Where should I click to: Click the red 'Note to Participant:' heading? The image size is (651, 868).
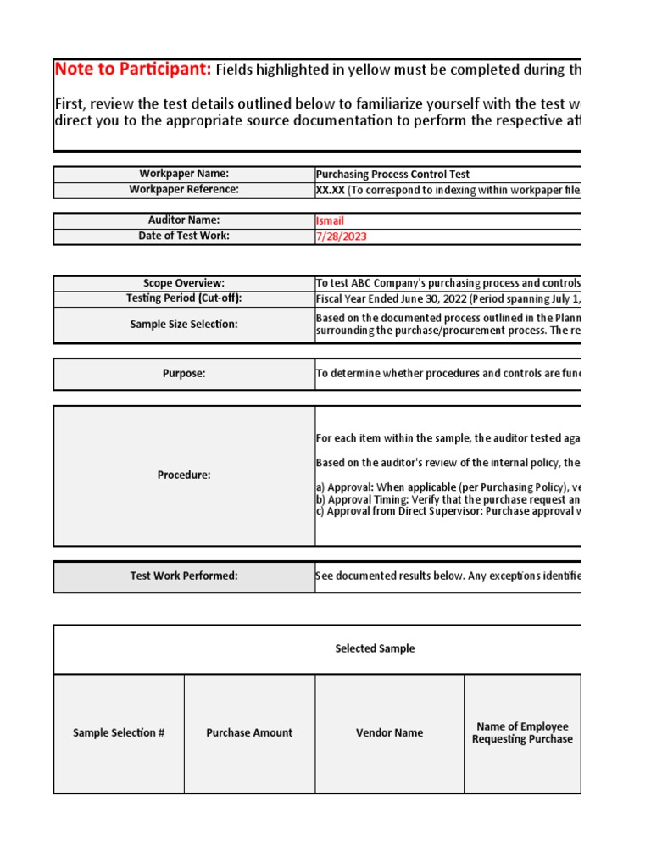[x=133, y=70]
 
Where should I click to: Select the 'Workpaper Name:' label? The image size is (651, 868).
[x=184, y=174]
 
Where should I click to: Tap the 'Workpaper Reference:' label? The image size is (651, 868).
[x=184, y=189]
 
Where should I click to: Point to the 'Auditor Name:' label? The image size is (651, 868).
[x=184, y=220]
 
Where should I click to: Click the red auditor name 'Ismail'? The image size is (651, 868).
[x=330, y=220]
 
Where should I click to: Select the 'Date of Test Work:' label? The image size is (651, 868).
[x=184, y=236]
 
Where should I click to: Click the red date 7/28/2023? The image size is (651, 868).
[x=341, y=236]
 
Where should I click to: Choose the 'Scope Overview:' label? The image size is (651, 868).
[x=184, y=283]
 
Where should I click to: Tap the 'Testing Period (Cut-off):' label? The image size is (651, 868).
[x=184, y=298]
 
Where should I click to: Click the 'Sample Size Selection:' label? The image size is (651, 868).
[x=184, y=325]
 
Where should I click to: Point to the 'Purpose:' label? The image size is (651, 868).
[x=184, y=373]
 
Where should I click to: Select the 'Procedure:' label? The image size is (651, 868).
[x=184, y=475]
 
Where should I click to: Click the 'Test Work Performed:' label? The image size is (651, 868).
[x=184, y=576]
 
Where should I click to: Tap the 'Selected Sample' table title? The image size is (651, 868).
[x=375, y=648]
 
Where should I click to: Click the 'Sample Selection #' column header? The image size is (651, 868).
[x=119, y=732]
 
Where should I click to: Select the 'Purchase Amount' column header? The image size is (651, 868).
[x=249, y=732]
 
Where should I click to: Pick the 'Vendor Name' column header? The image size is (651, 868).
[x=389, y=732]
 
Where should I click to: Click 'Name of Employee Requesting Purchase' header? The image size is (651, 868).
[x=522, y=732]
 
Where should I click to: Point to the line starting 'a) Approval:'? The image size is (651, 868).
[x=448, y=488]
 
